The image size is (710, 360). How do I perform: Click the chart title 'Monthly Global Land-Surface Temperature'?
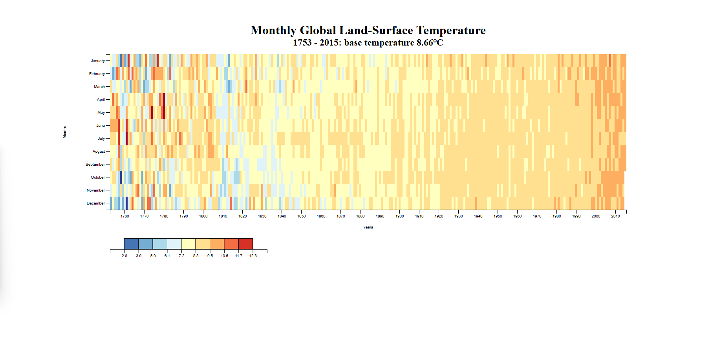(368, 30)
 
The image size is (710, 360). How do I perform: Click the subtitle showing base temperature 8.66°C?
(368, 42)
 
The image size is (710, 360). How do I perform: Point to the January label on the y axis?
(98, 61)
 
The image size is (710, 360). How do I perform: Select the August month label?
(99, 152)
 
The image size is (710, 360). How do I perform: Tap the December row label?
(96, 203)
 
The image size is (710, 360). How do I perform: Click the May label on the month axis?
(101, 113)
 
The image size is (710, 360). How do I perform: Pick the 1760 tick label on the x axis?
(125, 216)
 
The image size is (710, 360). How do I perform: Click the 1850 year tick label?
(302, 216)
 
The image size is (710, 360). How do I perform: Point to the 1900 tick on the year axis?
(400, 216)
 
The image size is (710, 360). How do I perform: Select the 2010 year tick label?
(615, 216)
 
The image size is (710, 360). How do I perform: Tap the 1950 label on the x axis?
(498, 216)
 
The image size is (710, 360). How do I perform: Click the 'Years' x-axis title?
(368, 227)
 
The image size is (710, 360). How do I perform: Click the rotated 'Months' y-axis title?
(65, 132)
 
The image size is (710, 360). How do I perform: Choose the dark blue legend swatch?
(131, 244)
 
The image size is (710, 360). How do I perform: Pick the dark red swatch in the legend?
(245, 244)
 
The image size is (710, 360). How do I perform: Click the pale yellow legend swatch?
(188, 244)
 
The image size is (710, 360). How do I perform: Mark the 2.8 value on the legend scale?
(124, 256)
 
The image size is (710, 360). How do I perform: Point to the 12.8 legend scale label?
(253, 256)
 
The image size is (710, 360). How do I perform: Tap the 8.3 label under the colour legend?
(196, 256)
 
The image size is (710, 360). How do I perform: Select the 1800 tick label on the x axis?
(203, 216)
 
